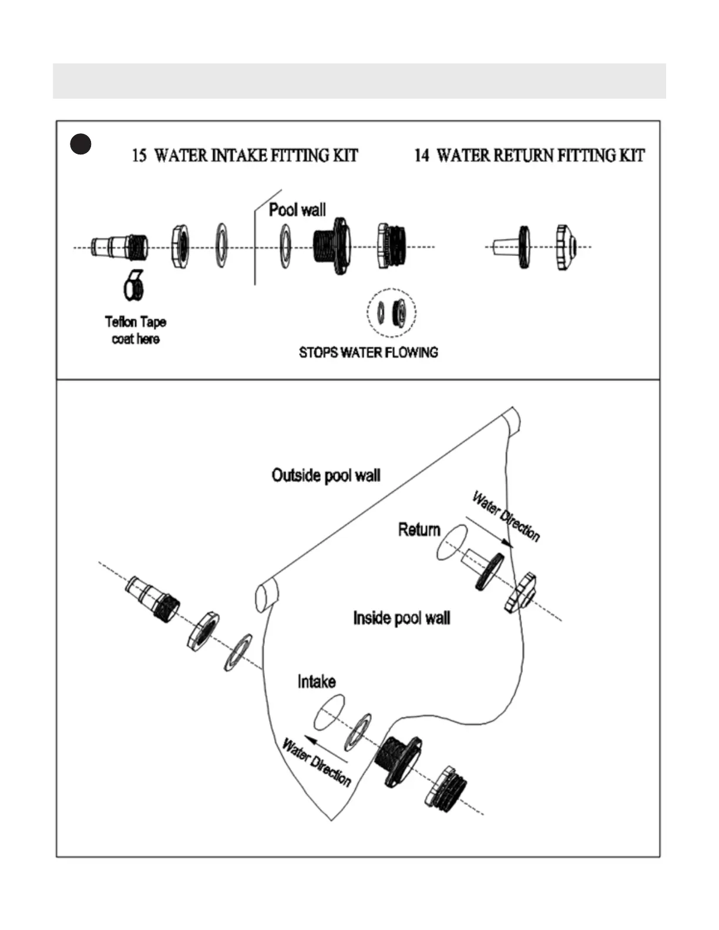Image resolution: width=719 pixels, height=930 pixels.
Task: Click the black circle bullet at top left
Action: tap(81, 144)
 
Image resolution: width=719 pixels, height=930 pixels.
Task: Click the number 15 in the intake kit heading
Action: tap(139, 156)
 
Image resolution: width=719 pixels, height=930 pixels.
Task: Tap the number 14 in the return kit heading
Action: tap(422, 156)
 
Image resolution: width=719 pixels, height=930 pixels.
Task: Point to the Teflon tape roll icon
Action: tap(134, 285)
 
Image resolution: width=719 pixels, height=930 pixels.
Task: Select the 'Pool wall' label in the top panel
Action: tap(297, 210)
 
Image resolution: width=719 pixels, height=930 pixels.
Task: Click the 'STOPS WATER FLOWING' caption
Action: tap(368, 352)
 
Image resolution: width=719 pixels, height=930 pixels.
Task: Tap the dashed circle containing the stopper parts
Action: tap(392, 312)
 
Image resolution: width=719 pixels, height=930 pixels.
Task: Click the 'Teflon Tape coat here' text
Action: tap(136, 330)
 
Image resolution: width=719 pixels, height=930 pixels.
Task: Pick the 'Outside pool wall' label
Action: tap(326, 475)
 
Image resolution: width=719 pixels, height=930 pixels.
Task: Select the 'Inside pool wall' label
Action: tap(402, 618)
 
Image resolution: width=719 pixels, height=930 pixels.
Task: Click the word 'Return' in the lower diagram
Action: tap(419, 530)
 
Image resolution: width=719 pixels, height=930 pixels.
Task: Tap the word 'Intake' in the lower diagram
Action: tap(317, 682)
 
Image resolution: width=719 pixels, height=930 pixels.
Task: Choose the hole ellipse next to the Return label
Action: tap(452, 542)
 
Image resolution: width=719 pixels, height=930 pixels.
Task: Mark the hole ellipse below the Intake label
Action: tap(330, 712)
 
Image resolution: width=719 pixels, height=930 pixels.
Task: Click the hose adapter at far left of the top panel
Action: tap(120, 247)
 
